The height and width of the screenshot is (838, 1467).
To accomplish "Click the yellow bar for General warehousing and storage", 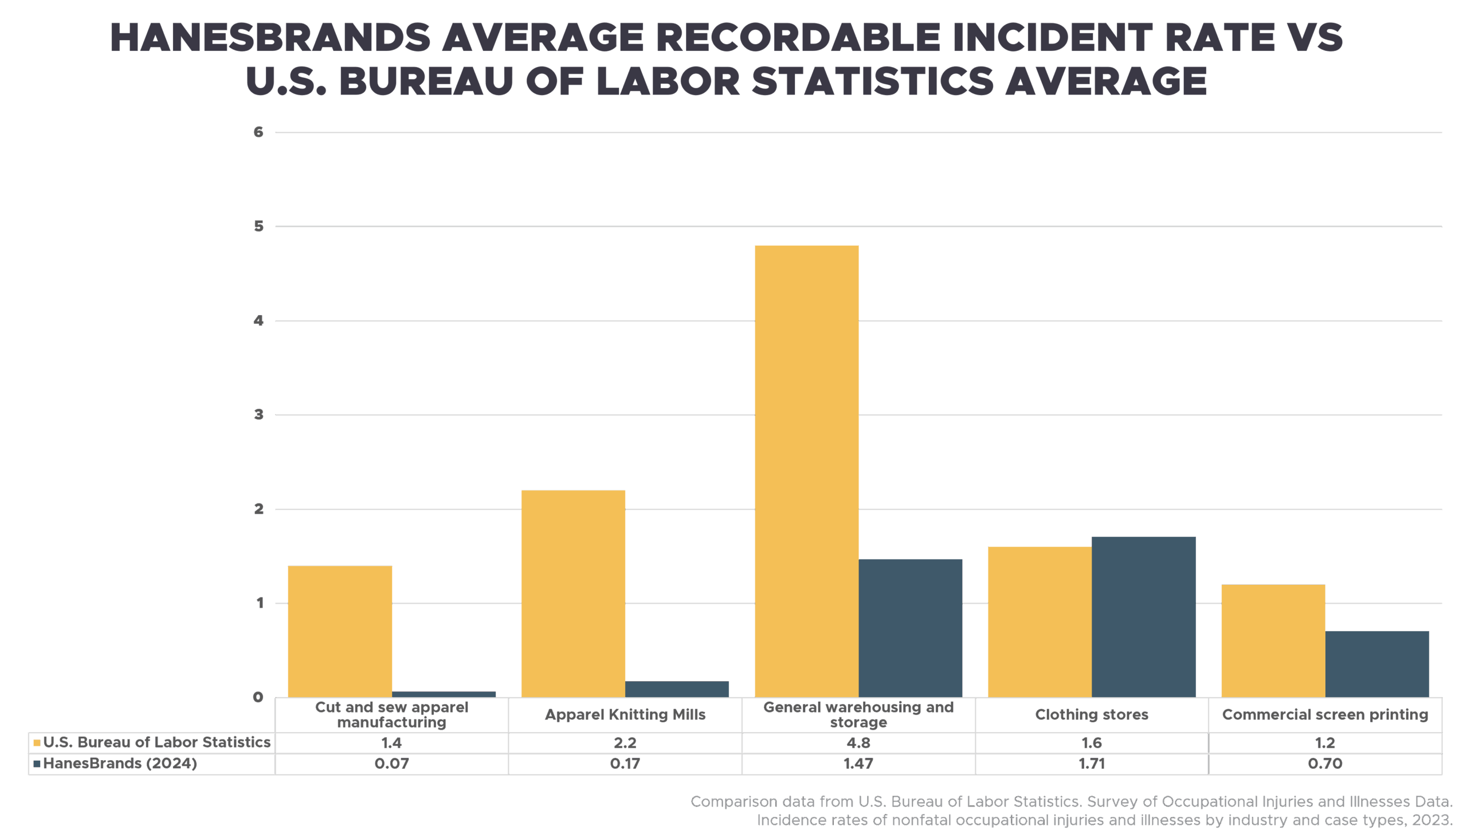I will [x=806, y=472].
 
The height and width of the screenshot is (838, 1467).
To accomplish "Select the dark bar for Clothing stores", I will [x=1143, y=617].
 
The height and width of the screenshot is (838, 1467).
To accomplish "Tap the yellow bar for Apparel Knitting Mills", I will [x=573, y=594].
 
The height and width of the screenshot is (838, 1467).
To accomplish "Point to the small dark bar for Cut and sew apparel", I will [x=444, y=694].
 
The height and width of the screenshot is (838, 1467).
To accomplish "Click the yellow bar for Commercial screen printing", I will [x=1273, y=641].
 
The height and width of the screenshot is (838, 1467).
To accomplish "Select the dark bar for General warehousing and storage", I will [x=910, y=628].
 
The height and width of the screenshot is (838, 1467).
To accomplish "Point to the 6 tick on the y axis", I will [x=258, y=132].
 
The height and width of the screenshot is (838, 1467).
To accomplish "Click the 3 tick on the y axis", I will [x=258, y=415].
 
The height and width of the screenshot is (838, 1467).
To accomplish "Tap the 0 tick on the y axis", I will [x=258, y=698].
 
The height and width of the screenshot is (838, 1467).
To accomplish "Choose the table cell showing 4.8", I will [x=858, y=743].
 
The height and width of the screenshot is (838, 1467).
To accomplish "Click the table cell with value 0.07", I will [x=391, y=764].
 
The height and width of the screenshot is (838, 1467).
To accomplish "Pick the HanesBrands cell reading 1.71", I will [x=1092, y=764].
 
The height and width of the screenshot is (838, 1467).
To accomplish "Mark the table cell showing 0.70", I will [x=1325, y=764].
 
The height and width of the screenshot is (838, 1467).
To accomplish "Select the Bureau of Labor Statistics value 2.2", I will [x=625, y=743].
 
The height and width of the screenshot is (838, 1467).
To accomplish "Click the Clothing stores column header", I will [x=1092, y=715].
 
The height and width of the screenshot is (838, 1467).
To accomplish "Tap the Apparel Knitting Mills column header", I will [x=625, y=715].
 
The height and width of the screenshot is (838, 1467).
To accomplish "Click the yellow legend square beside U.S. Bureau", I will [x=37, y=743].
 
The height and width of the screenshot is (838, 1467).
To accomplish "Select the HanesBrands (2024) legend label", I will [x=120, y=764].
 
